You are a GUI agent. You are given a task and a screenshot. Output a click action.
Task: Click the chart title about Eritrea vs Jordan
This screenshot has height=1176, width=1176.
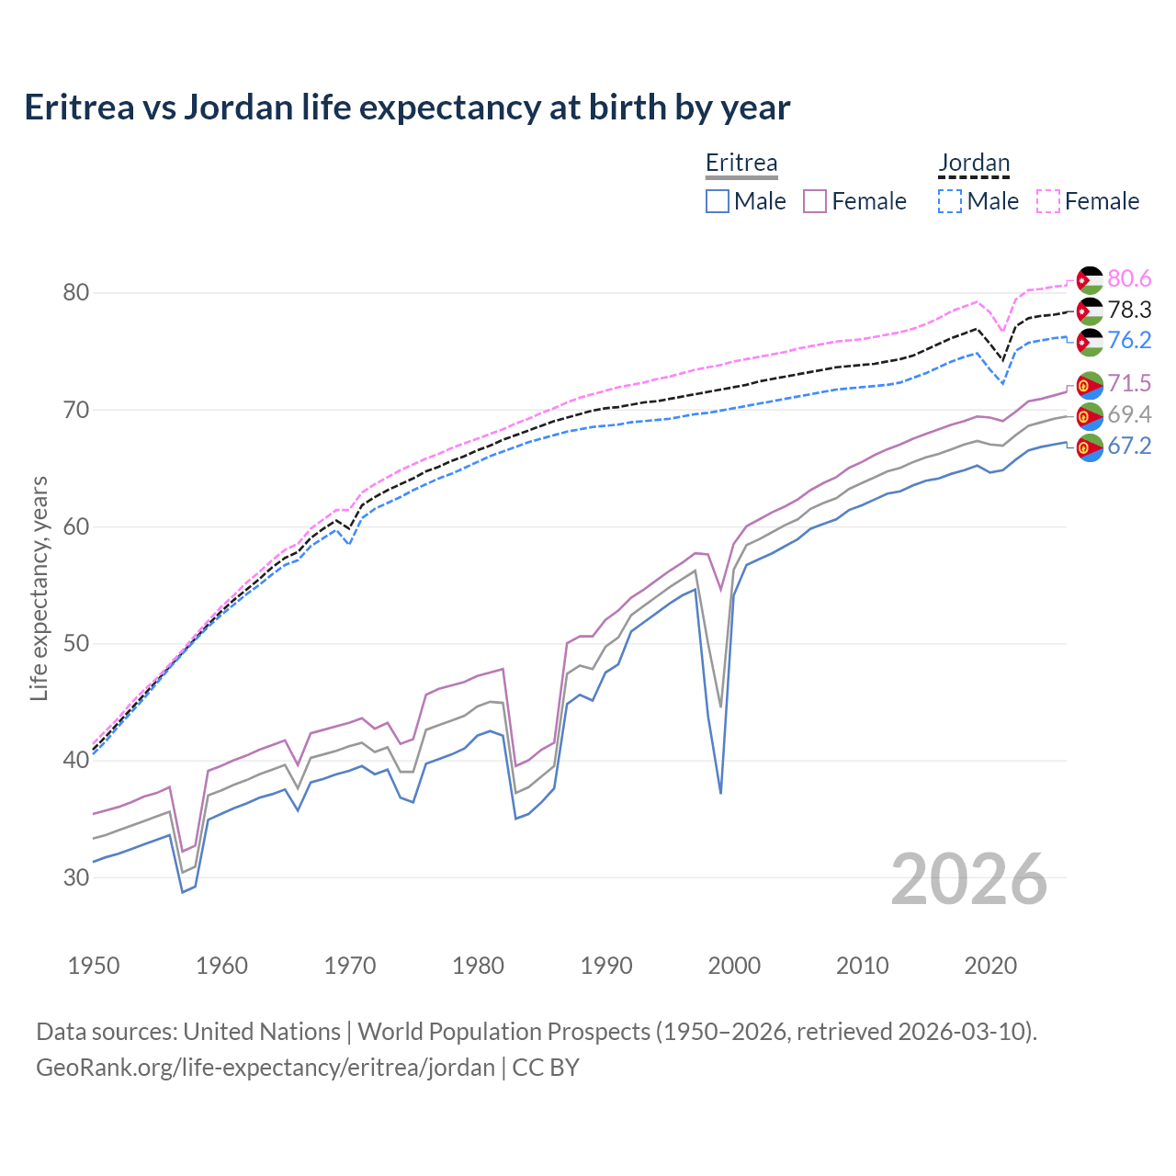click(x=407, y=107)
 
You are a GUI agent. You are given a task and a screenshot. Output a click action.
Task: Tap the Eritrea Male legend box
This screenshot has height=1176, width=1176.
click(x=718, y=201)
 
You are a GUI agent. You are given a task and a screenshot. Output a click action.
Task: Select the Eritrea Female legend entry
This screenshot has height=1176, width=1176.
click(x=855, y=201)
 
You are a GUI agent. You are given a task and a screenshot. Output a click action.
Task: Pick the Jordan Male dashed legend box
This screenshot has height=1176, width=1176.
click(x=950, y=201)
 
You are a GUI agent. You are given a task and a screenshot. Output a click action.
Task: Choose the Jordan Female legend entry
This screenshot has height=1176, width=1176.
click(x=1089, y=201)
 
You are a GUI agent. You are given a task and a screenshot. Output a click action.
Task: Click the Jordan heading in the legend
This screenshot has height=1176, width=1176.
click(x=974, y=164)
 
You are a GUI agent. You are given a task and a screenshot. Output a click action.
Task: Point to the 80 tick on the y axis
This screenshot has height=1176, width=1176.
click(x=76, y=293)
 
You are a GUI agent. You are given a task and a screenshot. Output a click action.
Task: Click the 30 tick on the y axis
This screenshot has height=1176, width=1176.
click(x=76, y=877)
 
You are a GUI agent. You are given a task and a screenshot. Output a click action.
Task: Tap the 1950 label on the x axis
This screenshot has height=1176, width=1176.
click(x=94, y=966)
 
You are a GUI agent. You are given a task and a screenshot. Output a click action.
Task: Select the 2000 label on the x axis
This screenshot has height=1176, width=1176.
click(x=734, y=966)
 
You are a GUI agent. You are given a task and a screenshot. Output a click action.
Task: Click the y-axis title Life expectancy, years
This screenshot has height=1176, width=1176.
click(x=39, y=588)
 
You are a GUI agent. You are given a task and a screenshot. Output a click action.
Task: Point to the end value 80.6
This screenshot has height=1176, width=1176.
click(x=1129, y=279)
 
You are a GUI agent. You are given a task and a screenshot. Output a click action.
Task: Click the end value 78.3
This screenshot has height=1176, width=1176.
click(x=1129, y=311)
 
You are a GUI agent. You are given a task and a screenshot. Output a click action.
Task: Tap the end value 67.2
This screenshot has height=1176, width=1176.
click(x=1129, y=447)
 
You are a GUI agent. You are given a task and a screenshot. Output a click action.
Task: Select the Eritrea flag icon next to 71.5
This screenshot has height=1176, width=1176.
click(x=1090, y=385)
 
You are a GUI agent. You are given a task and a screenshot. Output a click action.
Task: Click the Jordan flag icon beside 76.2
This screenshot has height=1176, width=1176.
click(x=1090, y=342)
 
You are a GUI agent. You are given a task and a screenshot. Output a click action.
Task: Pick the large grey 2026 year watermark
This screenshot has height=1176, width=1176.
click(x=969, y=880)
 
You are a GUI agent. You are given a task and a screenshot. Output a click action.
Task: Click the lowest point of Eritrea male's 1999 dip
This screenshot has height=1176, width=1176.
click(x=721, y=793)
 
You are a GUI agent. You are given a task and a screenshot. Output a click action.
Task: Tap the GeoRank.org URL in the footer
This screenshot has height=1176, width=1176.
click(x=266, y=1068)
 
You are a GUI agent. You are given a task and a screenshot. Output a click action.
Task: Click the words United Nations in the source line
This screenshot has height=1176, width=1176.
click(x=262, y=1032)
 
